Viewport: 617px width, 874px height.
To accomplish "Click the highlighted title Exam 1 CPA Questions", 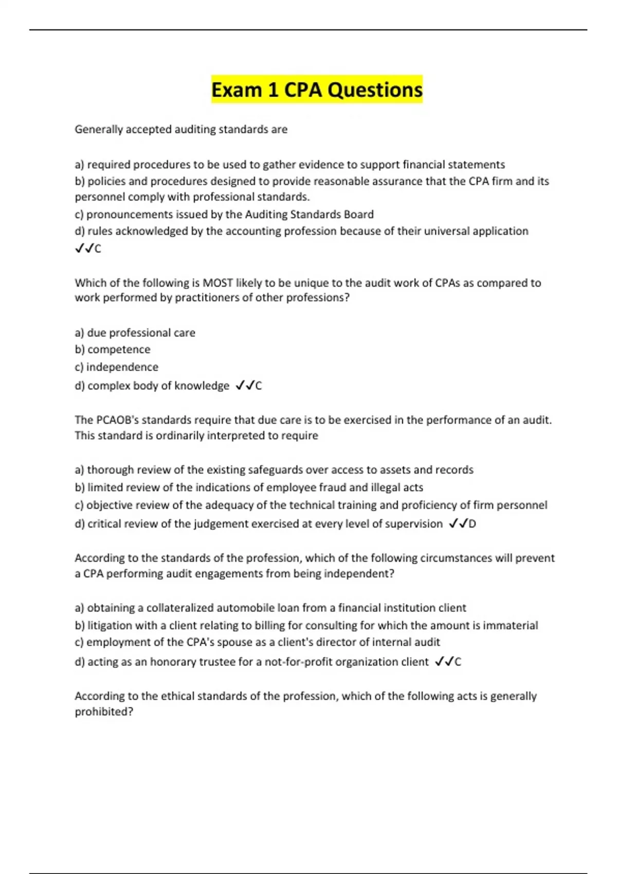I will [317, 89].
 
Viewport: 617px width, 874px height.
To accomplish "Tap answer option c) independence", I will [117, 367].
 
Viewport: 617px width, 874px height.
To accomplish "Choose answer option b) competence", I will [113, 350].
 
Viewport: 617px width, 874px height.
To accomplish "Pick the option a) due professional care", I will [135, 333].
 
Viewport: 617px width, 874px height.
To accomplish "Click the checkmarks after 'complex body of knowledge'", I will [244, 386].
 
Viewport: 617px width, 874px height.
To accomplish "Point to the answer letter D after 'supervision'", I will [472, 524].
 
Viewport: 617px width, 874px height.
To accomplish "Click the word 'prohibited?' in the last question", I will [104, 712].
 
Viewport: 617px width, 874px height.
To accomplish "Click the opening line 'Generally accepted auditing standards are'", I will [181, 130].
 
